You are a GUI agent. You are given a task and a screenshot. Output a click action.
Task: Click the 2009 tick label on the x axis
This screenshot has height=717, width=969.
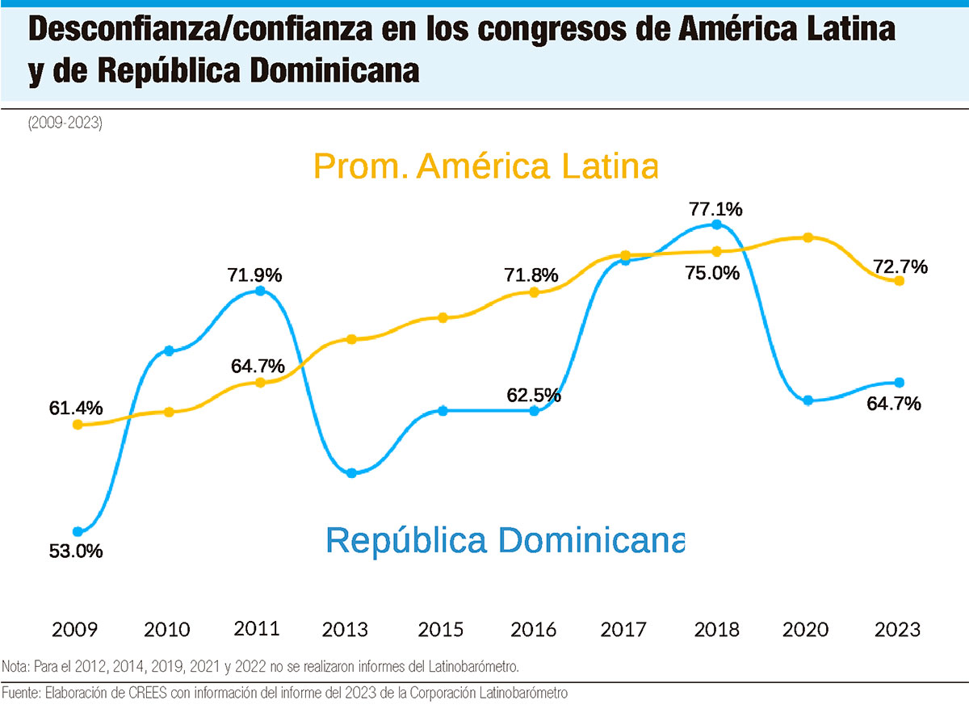point(76,629)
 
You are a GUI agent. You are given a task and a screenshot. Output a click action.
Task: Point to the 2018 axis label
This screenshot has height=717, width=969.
point(716,629)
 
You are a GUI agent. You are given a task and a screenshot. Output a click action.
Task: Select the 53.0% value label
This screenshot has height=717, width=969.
point(76,552)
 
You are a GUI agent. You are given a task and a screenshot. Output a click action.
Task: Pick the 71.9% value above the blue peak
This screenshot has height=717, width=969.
point(255,275)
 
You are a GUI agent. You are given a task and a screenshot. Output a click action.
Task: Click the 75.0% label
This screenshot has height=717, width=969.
point(713,273)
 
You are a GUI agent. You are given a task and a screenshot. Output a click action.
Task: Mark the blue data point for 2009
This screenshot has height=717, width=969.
point(78,532)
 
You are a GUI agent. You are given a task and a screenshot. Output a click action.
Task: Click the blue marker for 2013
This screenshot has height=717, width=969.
point(351,473)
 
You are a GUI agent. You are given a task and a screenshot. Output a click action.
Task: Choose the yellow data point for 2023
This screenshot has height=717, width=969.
point(899,281)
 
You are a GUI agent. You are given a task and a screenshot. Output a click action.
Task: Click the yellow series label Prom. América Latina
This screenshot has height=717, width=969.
point(485,166)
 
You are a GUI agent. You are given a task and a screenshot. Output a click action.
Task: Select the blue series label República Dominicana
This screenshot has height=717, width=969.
point(505,539)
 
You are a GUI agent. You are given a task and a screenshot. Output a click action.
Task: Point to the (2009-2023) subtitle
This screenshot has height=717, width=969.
point(65,124)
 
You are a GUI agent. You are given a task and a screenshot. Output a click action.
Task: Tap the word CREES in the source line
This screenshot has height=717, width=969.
point(132,693)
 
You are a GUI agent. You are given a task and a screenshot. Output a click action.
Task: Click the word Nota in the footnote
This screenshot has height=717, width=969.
point(14,666)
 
